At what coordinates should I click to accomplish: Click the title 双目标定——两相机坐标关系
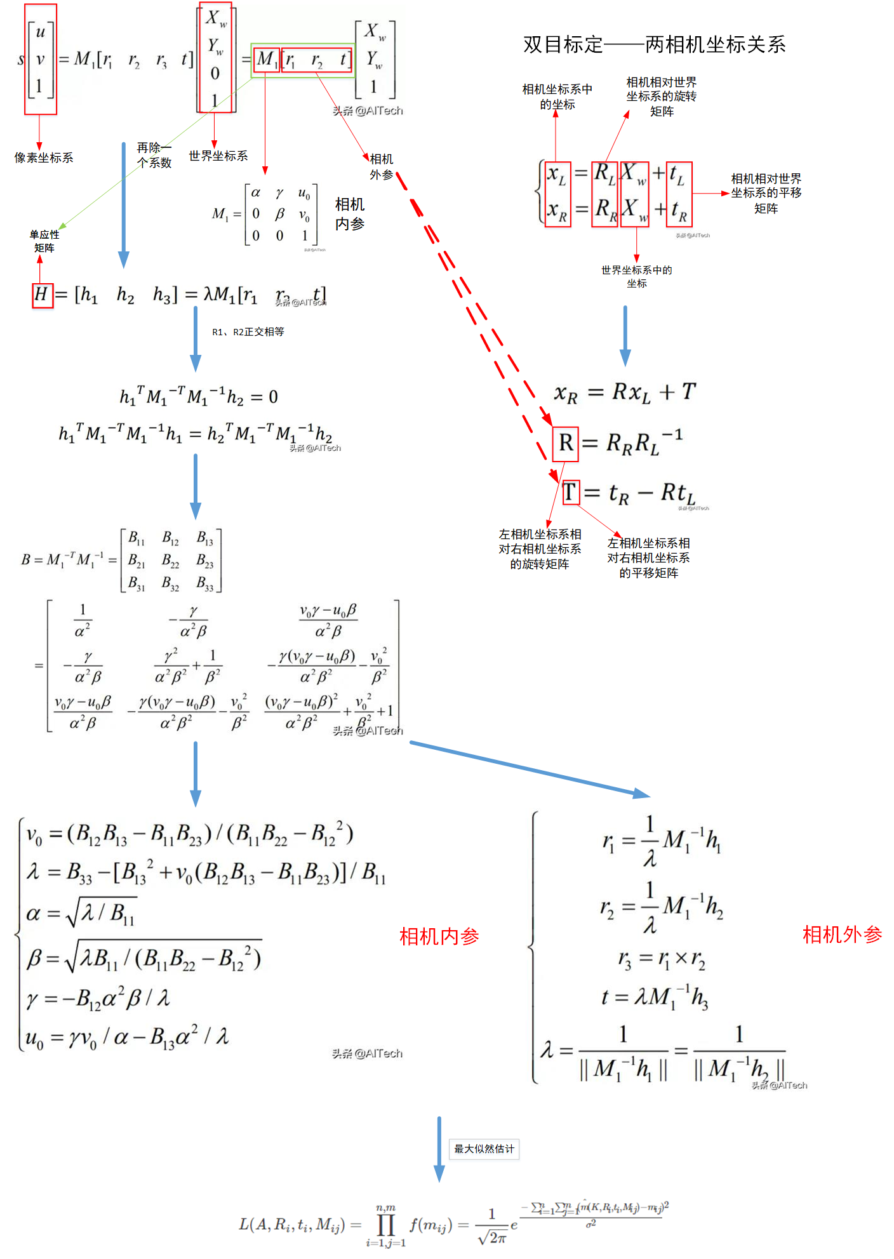[654, 44]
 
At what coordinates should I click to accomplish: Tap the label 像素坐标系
[44, 157]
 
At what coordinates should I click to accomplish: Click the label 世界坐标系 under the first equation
[218, 156]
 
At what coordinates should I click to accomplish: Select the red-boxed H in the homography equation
[43, 295]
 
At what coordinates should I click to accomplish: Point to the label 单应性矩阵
[44, 241]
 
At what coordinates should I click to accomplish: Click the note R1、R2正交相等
[248, 331]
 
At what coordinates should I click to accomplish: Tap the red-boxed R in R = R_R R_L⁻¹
[566, 443]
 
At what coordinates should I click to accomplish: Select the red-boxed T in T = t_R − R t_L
[571, 492]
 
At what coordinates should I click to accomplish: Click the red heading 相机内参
[439, 936]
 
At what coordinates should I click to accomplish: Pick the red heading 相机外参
[842, 935]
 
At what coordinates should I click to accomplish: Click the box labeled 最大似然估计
[484, 1149]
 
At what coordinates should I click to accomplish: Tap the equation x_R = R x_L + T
[625, 392]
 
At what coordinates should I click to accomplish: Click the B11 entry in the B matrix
[137, 538]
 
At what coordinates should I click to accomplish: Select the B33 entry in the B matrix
[204, 583]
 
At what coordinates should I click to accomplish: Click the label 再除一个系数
[154, 155]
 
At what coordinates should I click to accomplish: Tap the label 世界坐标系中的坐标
[636, 276]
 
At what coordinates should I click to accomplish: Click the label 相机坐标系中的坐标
[557, 97]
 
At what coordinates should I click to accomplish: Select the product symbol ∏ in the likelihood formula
[385, 1225]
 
